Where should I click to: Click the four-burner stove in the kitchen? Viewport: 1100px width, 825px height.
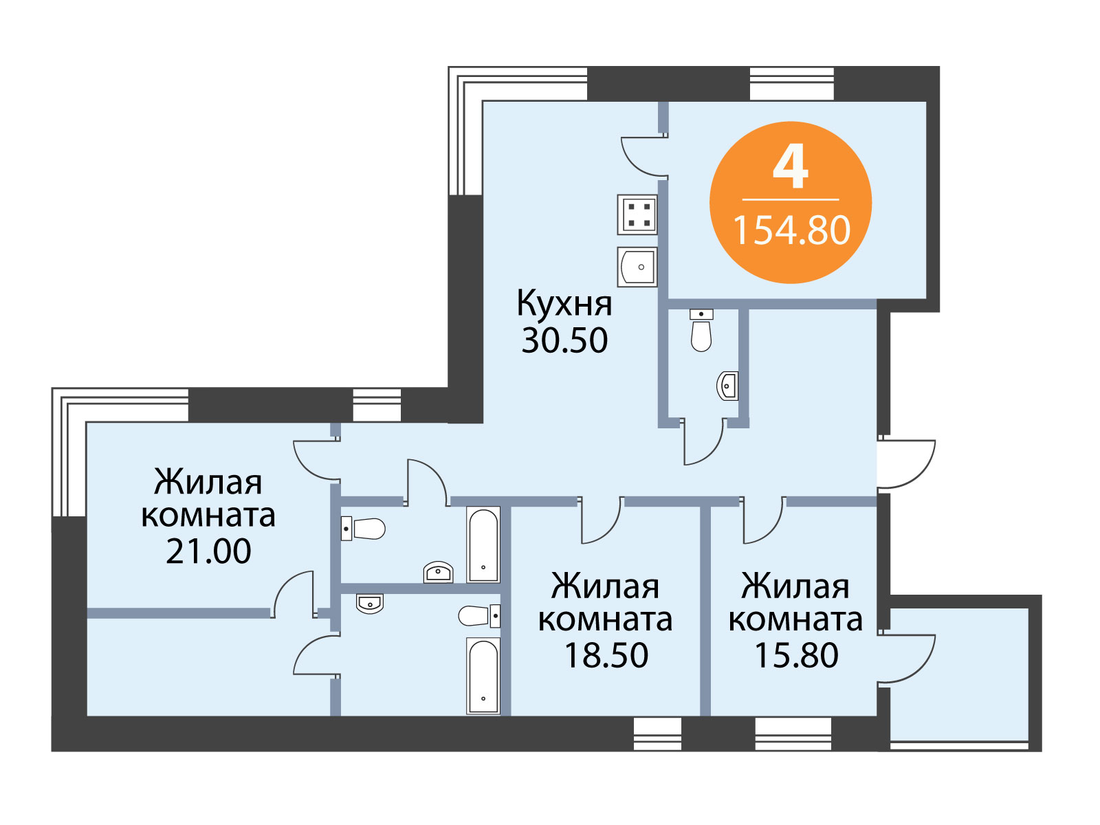637,214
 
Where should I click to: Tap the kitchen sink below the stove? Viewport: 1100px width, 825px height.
637,267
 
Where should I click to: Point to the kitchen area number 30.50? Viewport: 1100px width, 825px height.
565,340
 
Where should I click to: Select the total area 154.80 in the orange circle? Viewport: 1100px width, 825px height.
792,230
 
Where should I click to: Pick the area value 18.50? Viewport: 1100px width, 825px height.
606,655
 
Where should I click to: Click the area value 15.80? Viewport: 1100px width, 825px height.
796,655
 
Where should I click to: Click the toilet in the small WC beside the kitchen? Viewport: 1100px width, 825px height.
701,330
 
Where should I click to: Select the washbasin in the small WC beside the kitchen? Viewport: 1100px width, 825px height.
727,386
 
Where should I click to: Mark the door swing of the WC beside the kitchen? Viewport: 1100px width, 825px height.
703,441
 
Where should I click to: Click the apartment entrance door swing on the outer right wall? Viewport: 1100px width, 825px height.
906,464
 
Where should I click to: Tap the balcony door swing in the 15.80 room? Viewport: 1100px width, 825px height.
906,659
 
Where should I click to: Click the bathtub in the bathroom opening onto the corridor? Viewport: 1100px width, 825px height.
483,544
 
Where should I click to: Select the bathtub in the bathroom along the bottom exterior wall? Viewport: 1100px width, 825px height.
483,676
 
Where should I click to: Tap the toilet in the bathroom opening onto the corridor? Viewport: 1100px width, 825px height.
363,529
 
